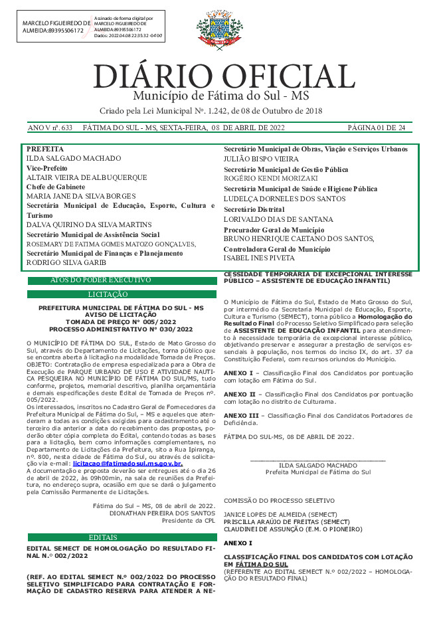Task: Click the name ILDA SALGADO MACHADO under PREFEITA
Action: point(73,159)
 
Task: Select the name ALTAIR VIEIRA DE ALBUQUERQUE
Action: point(86,179)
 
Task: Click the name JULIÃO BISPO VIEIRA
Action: point(261,159)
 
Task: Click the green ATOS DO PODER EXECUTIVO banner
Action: point(122,281)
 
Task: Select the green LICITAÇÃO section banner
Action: point(122,294)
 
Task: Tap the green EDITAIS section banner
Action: point(122,537)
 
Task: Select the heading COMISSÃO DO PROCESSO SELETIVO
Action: point(279,500)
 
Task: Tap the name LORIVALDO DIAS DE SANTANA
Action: point(269,219)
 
